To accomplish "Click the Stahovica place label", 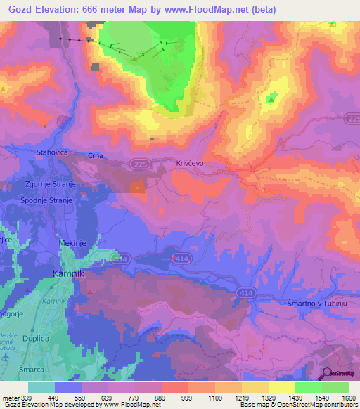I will pos(50,151).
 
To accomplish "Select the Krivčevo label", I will pos(190,162).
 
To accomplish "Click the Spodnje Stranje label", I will pos(48,200).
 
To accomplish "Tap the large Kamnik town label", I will pos(69,273).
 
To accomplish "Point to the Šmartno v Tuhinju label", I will pos(316,303).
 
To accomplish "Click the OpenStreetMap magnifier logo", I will pos(328,373).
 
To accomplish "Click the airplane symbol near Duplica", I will pos(6,357).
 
